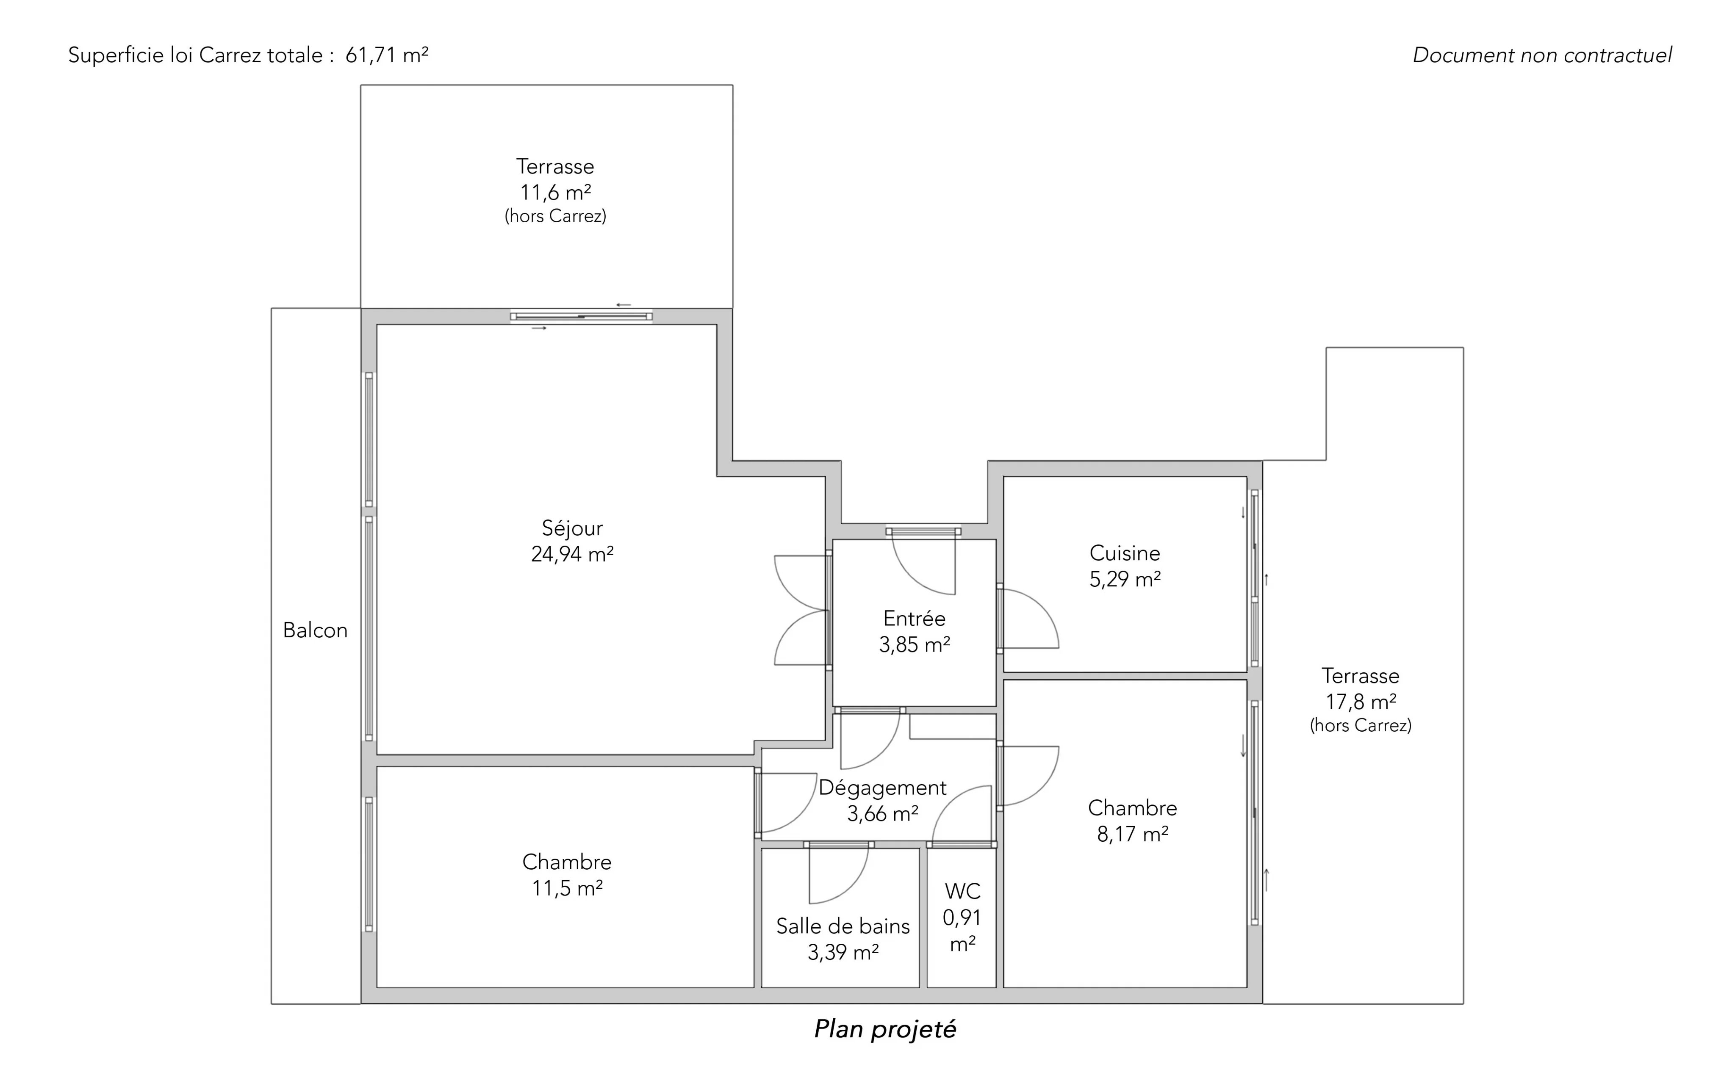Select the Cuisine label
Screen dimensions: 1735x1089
click(1125, 553)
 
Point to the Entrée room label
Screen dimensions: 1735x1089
click(915, 618)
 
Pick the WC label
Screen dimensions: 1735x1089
click(963, 891)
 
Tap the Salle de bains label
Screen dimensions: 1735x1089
click(843, 926)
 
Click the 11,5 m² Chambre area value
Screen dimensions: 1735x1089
click(567, 888)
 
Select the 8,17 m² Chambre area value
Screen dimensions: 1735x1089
click(1133, 834)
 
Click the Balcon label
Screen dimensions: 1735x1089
click(315, 630)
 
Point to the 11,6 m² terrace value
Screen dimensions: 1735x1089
click(555, 192)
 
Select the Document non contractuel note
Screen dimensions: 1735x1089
click(1542, 55)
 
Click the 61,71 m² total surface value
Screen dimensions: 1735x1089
click(387, 55)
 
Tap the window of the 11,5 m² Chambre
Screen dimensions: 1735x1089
click(369, 864)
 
